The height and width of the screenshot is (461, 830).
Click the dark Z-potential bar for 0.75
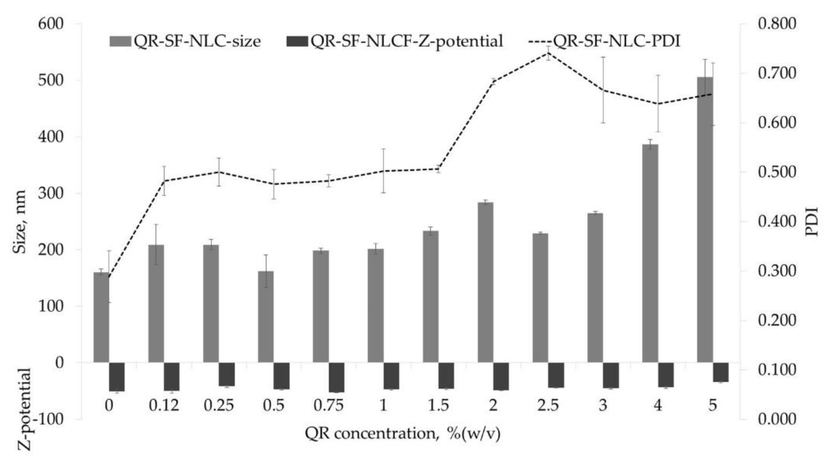click(336, 377)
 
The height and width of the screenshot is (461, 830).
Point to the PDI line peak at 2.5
click(548, 53)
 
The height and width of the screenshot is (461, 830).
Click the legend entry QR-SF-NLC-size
click(185, 41)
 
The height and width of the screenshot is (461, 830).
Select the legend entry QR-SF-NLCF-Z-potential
click(394, 41)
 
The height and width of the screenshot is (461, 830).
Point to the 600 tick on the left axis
click(51, 24)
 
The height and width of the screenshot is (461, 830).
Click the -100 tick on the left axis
click(50, 419)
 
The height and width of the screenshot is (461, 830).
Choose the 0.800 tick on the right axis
click(777, 24)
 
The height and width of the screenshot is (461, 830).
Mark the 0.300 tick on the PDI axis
click(777, 271)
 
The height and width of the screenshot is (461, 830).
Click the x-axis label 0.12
click(164, 405)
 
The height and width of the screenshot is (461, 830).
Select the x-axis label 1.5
click(438, 405)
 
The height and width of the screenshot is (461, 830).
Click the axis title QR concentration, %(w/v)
click(403, 434)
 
